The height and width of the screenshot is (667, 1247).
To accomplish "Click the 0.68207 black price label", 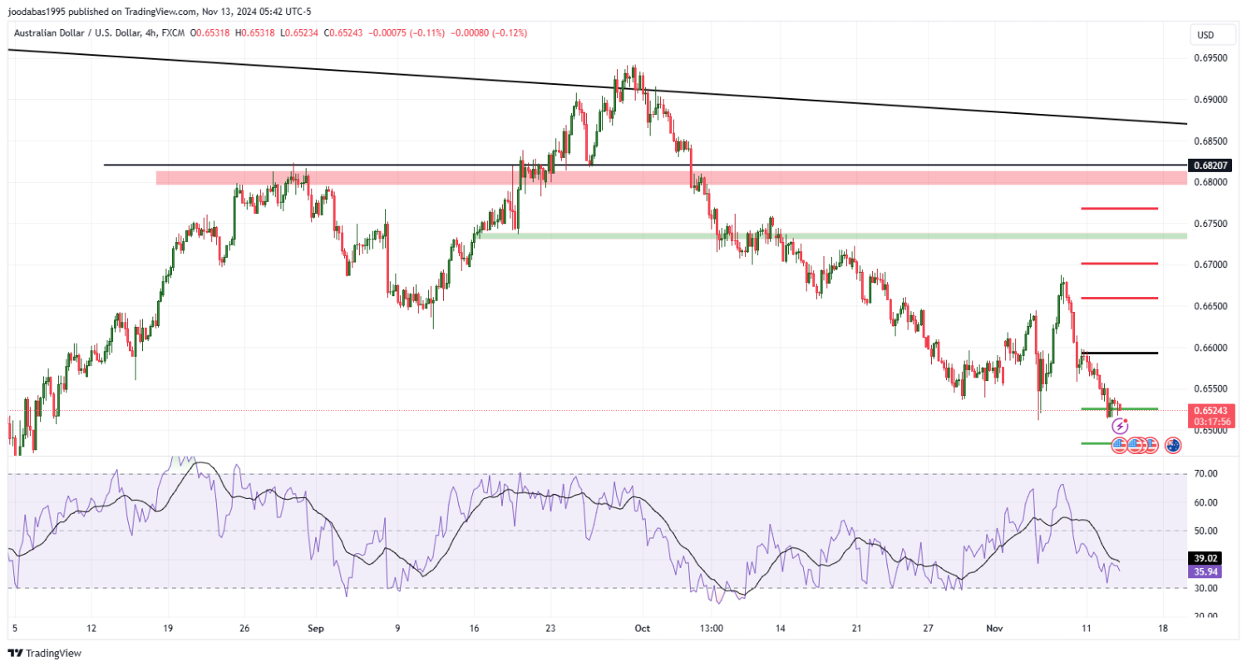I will tap(1210, 166).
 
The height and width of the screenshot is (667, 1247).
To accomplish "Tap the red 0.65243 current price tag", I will tap(1210, 411).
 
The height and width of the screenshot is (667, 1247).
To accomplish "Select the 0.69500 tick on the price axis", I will tap(1210, 58).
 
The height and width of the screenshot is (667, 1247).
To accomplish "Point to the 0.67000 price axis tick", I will tap(1210, 264).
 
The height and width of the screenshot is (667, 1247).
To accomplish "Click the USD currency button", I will tap(1205, 35).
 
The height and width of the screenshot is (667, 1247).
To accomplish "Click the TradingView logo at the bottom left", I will tap(45, 654).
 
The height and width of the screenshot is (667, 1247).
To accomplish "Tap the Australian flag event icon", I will tap(1173, 445).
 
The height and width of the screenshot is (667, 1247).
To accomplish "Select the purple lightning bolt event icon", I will tap(1120, 426).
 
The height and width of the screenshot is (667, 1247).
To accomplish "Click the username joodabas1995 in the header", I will tap(36, 11).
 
